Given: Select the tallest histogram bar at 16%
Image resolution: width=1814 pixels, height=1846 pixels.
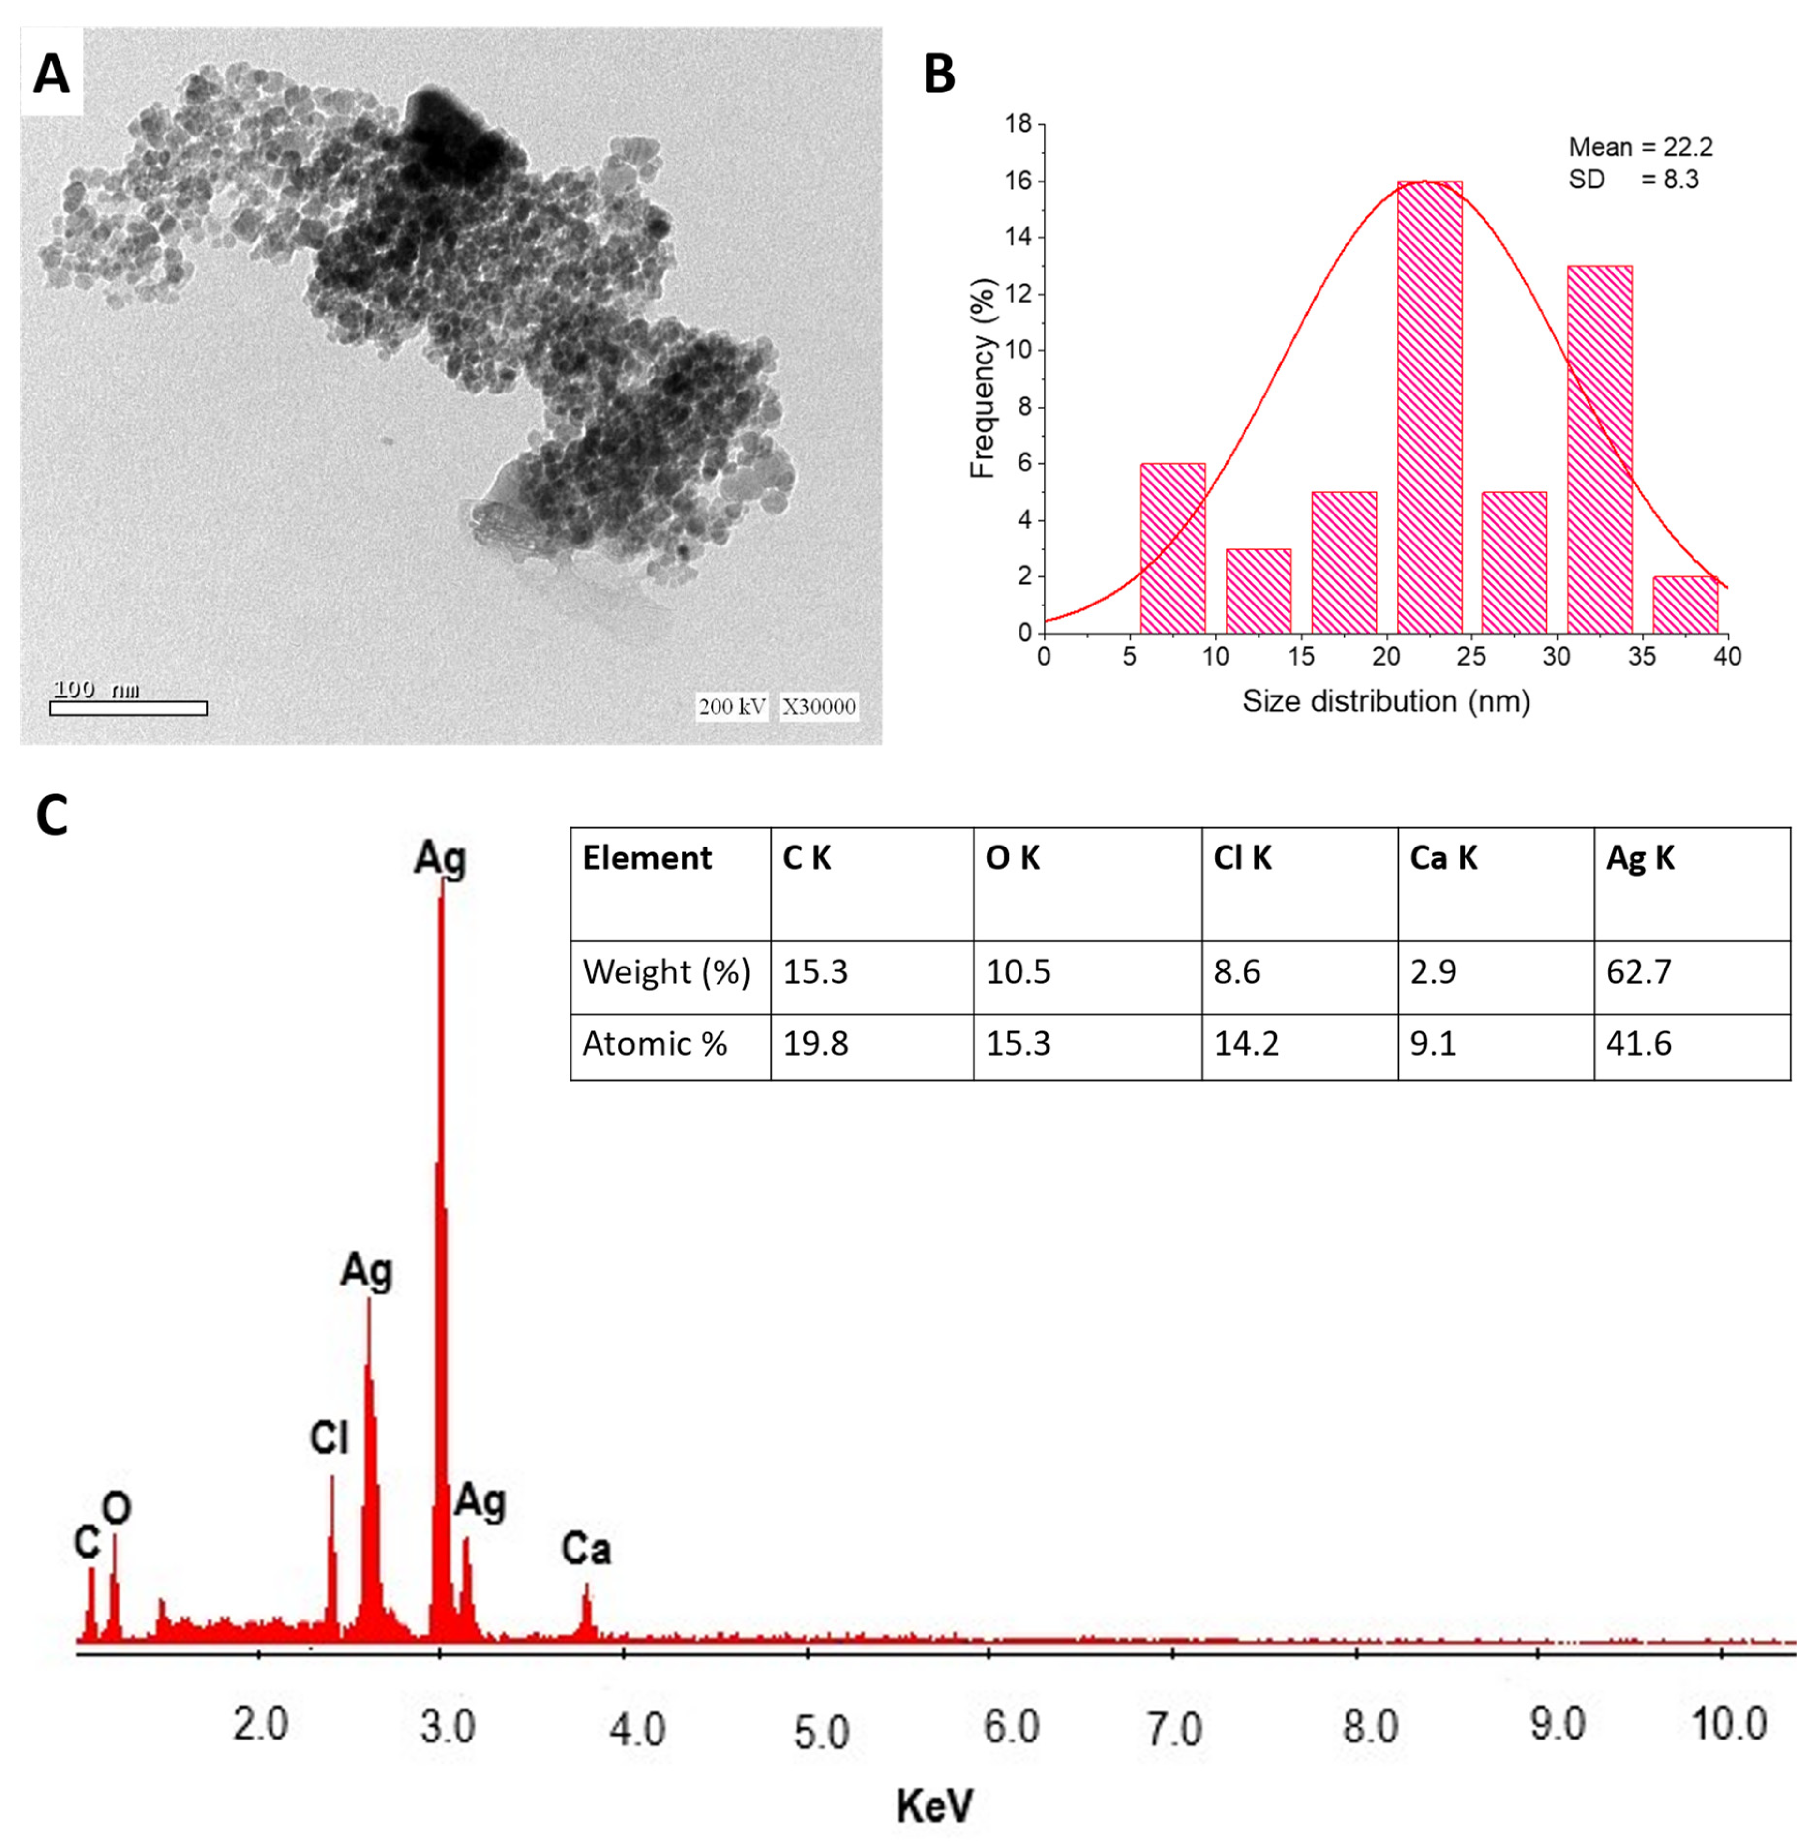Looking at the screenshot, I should (1429, 407).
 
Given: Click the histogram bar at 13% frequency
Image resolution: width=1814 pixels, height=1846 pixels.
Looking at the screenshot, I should (1600, 449).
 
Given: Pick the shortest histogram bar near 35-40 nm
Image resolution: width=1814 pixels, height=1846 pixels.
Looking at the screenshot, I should (1684, 604).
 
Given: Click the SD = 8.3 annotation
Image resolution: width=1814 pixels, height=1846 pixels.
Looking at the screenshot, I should (1633, 179).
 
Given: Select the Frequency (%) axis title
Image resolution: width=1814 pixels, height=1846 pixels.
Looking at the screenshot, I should (982, 378).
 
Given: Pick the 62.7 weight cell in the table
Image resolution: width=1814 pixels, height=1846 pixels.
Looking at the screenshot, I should (1639, 972).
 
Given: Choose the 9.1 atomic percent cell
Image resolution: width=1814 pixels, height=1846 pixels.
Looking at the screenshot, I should (1433, 1044).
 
